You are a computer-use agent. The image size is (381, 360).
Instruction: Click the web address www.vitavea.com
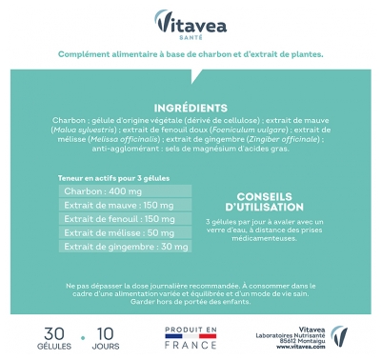coord(287,348)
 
